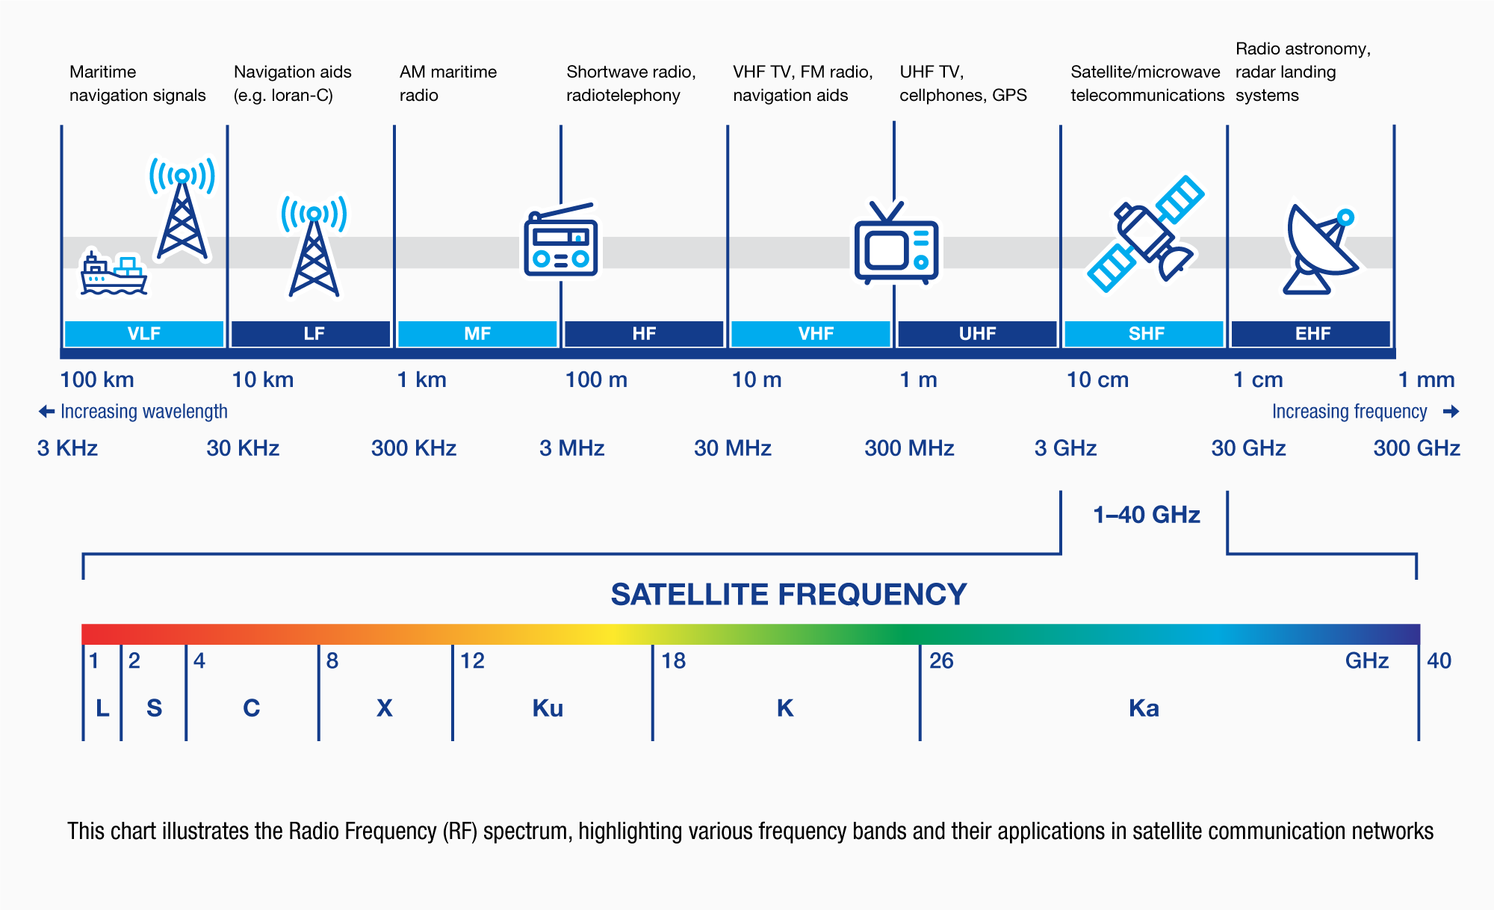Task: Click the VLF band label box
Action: [144, 333]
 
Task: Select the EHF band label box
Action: [1312, 333]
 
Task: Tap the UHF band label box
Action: [977, 333]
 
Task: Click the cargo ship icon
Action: [113, 274]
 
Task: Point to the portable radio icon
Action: [561, 241]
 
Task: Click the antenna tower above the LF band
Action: [314, 247]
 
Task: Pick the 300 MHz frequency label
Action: [909, 448]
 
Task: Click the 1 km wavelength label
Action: [421, 380]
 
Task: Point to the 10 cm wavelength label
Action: [1097, 380]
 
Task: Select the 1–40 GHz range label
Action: [1146, 515]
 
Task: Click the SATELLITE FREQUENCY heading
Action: [788, 595]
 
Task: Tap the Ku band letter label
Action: [548, 708]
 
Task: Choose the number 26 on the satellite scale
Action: [941, 660]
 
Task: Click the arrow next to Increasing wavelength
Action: [46, 412]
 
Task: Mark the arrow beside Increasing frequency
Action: [1451, 412]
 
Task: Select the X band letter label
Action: [384, 708]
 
